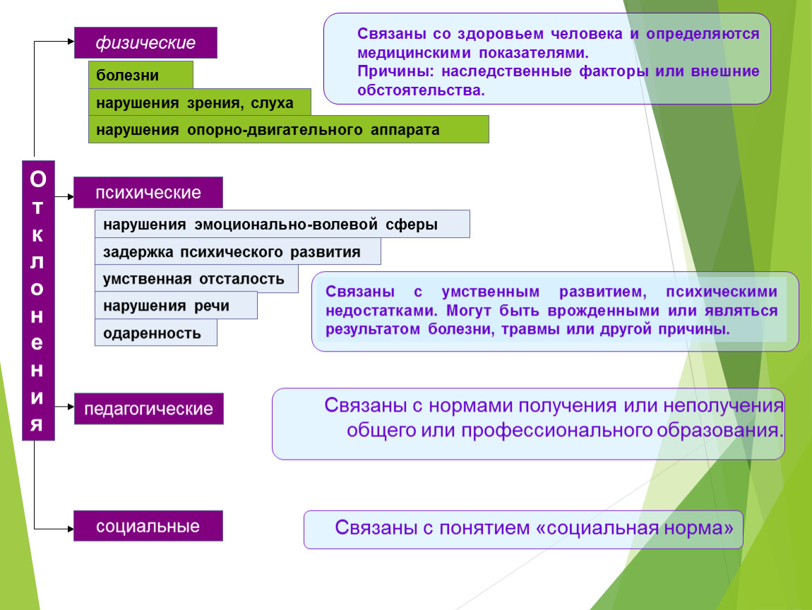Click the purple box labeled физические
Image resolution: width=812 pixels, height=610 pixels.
click(145, 42)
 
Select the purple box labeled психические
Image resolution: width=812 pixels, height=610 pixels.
click(148, 193)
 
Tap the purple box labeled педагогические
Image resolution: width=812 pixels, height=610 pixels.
click(148, 409)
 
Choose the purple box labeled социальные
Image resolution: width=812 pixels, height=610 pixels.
click(148, 526)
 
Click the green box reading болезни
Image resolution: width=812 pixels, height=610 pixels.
click(141, 75)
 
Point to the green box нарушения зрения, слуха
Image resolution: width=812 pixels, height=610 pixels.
click(200, 102)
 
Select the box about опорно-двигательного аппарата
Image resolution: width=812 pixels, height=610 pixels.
click(289, 129)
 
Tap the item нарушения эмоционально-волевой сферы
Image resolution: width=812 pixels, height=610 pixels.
click(282, 224)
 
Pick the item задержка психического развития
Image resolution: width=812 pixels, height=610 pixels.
click(238, 251)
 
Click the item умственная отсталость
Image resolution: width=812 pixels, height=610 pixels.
click(196, 279)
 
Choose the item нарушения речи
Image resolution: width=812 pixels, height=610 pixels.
click(176, 306)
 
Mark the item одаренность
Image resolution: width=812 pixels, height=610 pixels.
click(156, 333)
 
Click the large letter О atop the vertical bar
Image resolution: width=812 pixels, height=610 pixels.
click(38, 179)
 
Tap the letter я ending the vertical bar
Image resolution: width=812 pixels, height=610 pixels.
click(37, 424)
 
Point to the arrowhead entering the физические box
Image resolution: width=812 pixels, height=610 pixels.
click(71, 42)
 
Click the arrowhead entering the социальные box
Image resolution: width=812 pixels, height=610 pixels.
click(71, 529)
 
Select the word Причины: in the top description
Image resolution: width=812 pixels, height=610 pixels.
click(395, 71)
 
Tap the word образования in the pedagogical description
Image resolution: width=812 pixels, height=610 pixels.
click(720, 430)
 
